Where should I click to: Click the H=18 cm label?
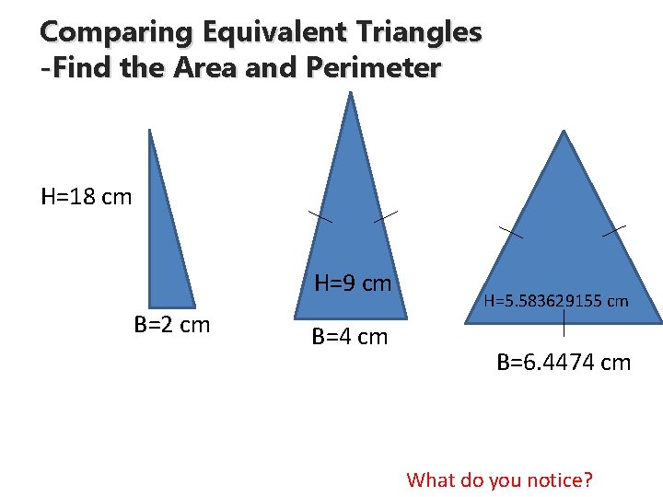[x=87, y=197]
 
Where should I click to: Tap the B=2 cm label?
[x=172, y=325]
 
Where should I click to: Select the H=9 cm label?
[x=354, y=283]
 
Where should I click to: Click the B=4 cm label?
[x=350, y=337]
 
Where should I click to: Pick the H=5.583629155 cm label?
[x=556, y=300]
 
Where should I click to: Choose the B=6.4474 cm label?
[x=564, y=363]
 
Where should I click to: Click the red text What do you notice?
[x=500, y=480]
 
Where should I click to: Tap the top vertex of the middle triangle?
[x=351, y=95]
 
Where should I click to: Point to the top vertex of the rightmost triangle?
[x=564, y=133]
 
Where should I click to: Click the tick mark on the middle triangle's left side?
[x=320, y=216]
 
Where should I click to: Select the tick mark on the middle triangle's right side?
[x=386, y=216]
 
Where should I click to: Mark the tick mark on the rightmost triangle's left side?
[x=511, y=231]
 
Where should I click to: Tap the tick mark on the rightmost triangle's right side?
[x=614, y=231]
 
